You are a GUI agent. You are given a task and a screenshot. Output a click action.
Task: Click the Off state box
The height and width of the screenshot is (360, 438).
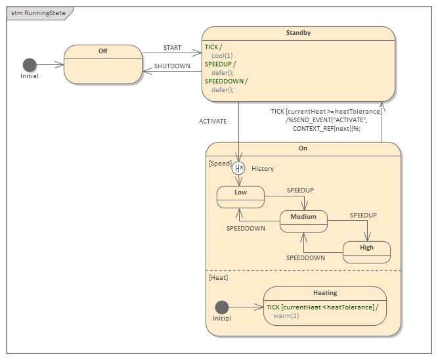[x=103, y=64]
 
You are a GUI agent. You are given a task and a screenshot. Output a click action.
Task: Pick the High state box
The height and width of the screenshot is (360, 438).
[x=366, y=251]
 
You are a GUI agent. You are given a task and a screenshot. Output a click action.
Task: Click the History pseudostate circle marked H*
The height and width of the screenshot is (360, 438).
[x=238, y=168]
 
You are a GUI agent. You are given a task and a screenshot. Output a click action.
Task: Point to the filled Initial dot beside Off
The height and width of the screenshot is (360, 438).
[x=30, y=64]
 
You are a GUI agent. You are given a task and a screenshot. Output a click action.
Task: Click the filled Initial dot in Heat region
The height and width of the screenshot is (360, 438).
[x=222, y=307]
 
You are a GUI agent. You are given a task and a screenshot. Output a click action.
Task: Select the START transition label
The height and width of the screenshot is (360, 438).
[x=172, y=48]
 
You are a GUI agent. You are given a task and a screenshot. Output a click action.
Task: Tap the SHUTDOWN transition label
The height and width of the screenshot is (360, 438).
[x=172, y=66]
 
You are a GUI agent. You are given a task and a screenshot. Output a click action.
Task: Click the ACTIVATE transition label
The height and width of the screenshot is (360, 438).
[x=213, y=122]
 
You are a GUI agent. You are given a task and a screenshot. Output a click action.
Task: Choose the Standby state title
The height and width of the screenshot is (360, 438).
[x=298, y=33]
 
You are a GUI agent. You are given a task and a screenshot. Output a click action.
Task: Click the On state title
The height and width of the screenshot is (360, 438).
[x=303, y=148]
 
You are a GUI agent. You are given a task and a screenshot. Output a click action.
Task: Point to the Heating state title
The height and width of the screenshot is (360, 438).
[x=325, y=293]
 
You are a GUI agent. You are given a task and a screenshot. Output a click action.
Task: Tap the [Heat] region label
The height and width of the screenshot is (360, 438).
[x=218, y=278]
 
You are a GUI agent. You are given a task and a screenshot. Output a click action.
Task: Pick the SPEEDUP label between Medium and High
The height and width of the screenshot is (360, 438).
[x=363, y=215]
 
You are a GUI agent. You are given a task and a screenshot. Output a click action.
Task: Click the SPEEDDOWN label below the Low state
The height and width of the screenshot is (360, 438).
[x=246, y=229]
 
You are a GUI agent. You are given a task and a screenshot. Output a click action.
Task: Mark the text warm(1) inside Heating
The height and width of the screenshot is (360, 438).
[x=286, y=316]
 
